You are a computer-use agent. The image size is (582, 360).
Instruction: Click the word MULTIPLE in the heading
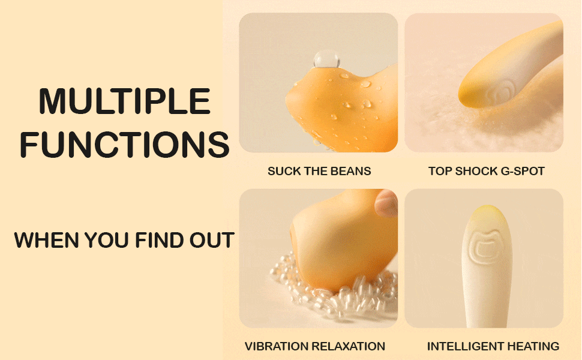125,101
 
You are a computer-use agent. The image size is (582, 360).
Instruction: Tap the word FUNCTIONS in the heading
125,145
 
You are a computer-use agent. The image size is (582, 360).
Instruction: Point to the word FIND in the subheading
160,240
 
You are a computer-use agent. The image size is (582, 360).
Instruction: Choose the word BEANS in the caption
350,171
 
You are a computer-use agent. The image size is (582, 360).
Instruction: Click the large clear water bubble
326,59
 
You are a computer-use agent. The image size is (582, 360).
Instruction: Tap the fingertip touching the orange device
386,203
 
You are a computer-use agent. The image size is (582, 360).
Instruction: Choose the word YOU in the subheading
107,240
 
